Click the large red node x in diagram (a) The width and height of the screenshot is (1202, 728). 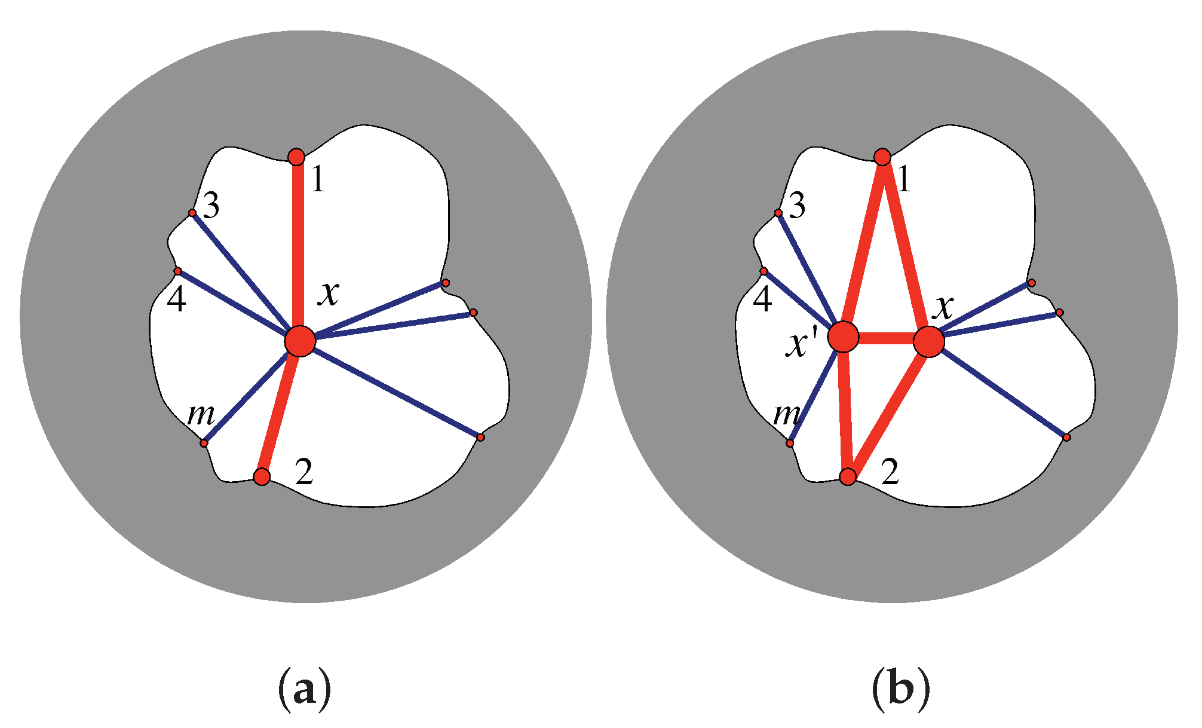pyautogui.click(x=300, y=341)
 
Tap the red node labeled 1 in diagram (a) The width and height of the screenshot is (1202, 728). pyautogui.click(x=296, y=157)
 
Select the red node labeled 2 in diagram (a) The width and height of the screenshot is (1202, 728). pyautogui.click(x=262, y=476)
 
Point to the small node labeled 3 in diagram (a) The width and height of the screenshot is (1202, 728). pyautogui.click(x=192, y=213)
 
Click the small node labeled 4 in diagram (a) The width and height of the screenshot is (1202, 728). pyautogui.click(x=177, y=271)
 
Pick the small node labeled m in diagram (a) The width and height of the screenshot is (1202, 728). pyautogui.click(x=204, y=443)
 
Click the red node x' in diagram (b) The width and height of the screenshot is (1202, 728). pyautogui.click(x=843, y=337)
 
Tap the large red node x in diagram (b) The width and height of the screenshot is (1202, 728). pyautogui.click(x=929, y=341)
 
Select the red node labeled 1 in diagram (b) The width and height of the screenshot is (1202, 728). pyautogui.click(x=882, y=157)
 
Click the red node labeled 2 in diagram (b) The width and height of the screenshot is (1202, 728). pyautogui.click(x=848, y=476)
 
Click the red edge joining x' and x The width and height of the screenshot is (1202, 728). pyautogui.click(x=886, y=339)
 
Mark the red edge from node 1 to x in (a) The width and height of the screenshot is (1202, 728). pyautogui.click(x=298, y=245)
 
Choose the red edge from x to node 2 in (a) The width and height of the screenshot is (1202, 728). pyautogui.click(x=280, y=412)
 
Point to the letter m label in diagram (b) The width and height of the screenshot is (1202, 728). pyautogui.click(x=787, y=414)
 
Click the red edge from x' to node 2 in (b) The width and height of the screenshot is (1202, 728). pyautogui.click(x=845, y=412)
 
